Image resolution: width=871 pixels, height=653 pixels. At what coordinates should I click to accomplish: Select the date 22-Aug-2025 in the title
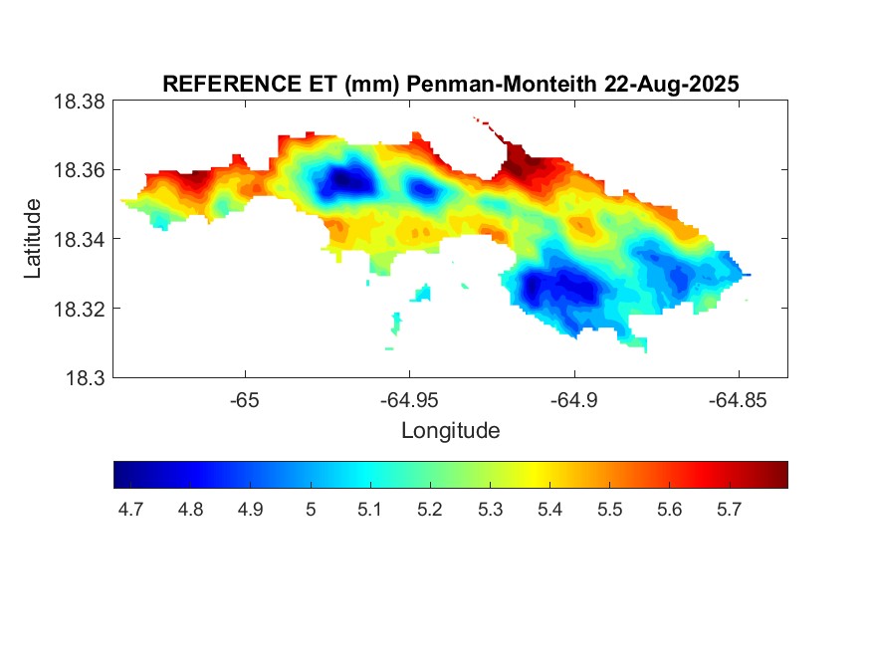click(x=671, y=86)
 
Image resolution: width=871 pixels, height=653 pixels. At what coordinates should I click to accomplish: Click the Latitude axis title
click(x=34, y=239)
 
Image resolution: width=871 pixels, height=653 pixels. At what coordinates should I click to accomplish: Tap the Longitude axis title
click(x=450, y=431)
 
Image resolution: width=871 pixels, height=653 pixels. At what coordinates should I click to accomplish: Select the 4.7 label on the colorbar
click(x=130, y=510)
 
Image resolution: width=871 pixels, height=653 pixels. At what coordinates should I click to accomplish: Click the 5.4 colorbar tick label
click(x=549, y=510)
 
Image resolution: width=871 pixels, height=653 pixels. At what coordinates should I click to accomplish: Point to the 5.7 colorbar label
click(x=729, y=510)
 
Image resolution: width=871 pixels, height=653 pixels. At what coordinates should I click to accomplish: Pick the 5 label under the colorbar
click(x=311, y=510)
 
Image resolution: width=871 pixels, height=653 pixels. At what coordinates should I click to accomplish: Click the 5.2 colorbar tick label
click(x=430, y=510)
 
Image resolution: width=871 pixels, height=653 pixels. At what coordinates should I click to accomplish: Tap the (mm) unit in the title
click(x=369, y=86)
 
